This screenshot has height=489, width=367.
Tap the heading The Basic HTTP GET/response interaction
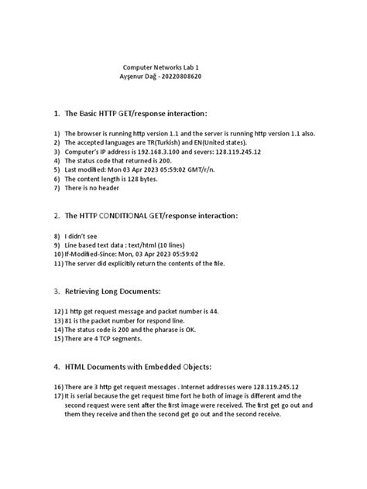[x=136, y=113]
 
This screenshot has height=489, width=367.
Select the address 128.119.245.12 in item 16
[x=268, y=385]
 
